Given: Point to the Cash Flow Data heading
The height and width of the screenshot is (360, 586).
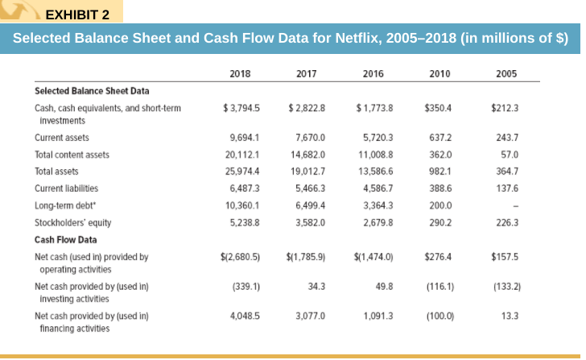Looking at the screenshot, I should click(65, 239).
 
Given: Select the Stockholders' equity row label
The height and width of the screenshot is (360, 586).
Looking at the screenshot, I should click(74, 222).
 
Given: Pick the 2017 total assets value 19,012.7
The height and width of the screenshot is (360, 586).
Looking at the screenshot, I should click(307, 172).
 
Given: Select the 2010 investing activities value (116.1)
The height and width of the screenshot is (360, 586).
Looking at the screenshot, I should click(439, 286).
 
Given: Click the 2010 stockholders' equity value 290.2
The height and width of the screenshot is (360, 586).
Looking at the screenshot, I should click(442, 222).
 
